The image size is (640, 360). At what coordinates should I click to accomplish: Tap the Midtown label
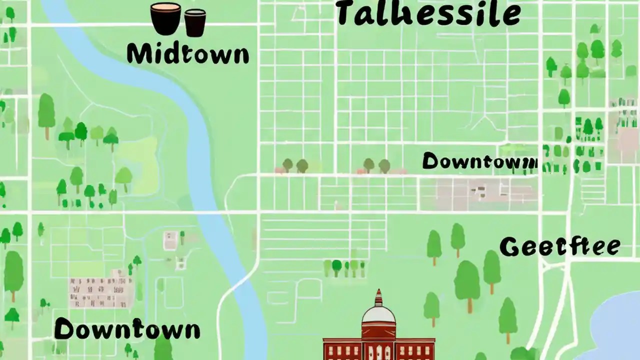[187, 53]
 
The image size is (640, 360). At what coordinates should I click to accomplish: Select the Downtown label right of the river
[479, 161]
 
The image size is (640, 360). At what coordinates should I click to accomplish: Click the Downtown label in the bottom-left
[127, 330]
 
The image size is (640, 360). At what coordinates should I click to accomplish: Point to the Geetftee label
[560, 247]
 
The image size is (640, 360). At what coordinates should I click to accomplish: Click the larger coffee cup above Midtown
[165, 18]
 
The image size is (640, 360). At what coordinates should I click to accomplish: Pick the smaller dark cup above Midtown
[195, 23]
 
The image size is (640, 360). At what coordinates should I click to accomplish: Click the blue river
[200, 150]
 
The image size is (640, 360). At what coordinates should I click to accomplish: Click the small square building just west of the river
[170, 240]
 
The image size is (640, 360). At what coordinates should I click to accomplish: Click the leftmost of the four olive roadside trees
[287, 164]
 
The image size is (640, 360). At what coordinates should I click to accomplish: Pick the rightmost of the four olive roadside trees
[384, 165]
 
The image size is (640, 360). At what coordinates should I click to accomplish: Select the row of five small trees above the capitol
[345, 267]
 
